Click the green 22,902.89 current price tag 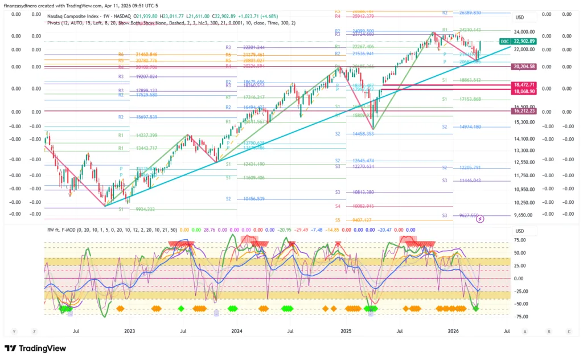524,41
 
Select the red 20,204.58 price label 524,67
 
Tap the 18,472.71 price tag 524,84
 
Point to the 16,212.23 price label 524,112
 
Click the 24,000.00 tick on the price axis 524,32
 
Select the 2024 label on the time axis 237,330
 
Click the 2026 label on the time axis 453,330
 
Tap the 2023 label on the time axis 129,330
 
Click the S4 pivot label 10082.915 362,206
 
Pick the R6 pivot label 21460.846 146,54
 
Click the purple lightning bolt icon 480,219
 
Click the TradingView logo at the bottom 35,348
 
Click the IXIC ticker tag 504,42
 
